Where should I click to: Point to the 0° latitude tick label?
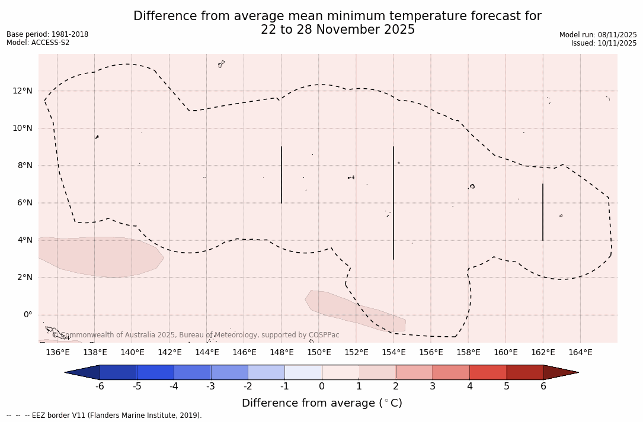pyautogui.click(x=27, y=315)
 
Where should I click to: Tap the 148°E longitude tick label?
pyautogui.click(x=281, y=353)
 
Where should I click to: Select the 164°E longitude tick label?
pyautogui.click(x=580, y=353)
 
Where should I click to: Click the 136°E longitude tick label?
pyautogui.click(x=57, y=353)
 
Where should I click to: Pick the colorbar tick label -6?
pyautogui.click(x=100, y=386)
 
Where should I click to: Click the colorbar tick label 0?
pyautogui.click(x=322, y=386)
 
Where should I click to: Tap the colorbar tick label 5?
pyautogui.click(x=507, y=386)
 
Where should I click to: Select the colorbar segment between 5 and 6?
pyautogui.click(x=525, y=372)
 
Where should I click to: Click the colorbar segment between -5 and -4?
pyautogui.click(x=156, y=372)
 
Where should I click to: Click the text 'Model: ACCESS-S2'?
pyautogui.click(x=38, y=43)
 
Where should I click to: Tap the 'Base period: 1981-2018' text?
pyautogui.click(x=47, y=34)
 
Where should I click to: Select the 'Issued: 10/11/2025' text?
pyautogui.click(x=604, y=43)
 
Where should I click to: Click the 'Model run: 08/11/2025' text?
pyautogui.click(x=598, y=35)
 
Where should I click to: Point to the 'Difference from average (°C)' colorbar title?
pyautogui.click(x=322, y=403)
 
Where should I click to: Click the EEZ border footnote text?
pyautogui.click(x=104, y=415)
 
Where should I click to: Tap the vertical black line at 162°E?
pyautogui.click(x=543, y=212)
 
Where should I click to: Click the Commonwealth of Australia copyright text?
pyautogui.click(x=196, y=335)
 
